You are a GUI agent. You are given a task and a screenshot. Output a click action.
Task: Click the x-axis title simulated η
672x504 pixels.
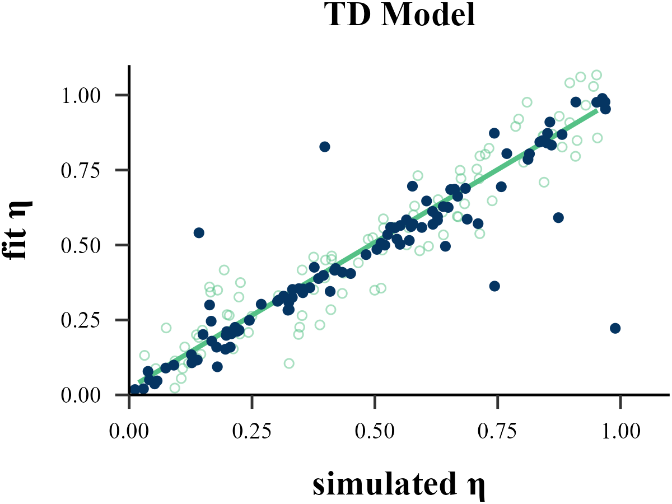(x=398, y=486)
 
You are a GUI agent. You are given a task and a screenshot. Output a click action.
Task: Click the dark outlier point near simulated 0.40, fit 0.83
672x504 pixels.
(x=325, y=147)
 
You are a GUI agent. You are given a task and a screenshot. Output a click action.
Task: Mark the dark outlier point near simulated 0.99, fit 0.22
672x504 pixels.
(x=615, y=328)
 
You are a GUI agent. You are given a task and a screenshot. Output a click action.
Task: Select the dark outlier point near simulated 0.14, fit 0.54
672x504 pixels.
(x=199, y=232)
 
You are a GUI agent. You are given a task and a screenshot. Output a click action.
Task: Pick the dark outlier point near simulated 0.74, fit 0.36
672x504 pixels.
(x=494, y=286)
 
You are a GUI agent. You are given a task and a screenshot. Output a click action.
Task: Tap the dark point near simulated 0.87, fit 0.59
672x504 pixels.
(x=558, y=217)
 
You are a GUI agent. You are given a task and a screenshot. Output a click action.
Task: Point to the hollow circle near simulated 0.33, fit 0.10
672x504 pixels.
(x=289, y=363)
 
